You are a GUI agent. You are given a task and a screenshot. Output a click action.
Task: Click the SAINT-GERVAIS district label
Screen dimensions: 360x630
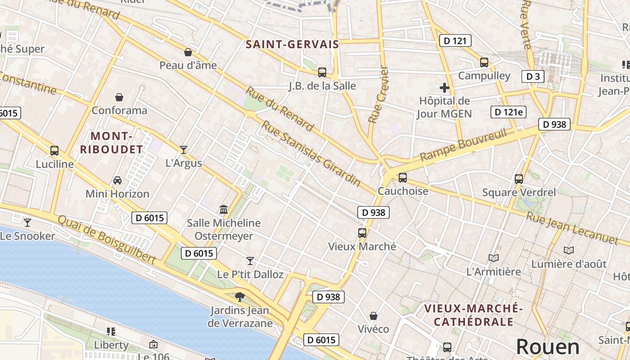292,44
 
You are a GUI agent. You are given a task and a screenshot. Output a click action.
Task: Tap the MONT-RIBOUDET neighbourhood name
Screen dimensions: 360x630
111,142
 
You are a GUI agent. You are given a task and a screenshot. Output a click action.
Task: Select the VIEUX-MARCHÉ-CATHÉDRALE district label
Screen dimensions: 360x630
473,315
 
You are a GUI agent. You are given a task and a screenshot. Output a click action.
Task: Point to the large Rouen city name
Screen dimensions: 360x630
548,346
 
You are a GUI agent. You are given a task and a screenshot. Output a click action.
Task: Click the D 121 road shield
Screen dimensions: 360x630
455,40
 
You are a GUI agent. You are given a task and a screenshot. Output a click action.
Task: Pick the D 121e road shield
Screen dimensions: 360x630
508,112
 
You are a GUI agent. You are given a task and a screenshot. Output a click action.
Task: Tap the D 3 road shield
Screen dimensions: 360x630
533,76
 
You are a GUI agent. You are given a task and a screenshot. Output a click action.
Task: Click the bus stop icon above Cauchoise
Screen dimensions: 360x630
402,178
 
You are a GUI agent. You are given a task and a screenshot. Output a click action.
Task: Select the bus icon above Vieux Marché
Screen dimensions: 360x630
362,233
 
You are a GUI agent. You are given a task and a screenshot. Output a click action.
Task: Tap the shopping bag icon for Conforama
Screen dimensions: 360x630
119,97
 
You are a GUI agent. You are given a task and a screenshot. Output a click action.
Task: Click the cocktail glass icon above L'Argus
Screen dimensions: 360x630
184,150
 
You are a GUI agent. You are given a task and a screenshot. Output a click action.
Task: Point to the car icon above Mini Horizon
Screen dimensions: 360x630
117,180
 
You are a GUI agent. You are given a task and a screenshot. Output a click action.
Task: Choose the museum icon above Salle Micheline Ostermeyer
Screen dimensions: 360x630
224,209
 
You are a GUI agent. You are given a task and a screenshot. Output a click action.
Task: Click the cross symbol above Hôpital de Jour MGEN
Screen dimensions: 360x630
445,88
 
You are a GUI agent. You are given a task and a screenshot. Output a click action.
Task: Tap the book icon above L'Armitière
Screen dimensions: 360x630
494,258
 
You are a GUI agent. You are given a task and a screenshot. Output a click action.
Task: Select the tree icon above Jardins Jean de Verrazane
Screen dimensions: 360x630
240,297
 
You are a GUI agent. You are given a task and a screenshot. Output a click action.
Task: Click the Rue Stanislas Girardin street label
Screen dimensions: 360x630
311,154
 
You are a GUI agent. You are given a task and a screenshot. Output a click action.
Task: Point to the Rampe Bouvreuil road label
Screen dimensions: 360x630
463,145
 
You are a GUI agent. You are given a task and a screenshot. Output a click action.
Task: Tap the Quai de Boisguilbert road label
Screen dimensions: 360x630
107,238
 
